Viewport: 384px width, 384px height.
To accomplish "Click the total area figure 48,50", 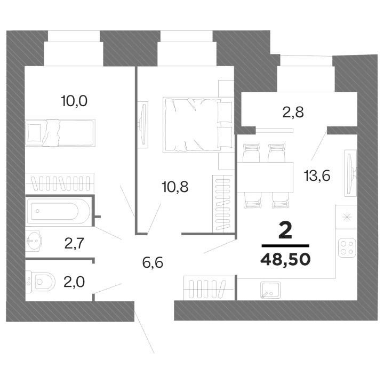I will pos(285,260).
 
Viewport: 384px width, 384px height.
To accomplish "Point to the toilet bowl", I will pos(43,282).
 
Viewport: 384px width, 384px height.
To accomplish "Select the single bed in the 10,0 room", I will pos(60,131).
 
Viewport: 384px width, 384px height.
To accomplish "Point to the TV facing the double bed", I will pos(143,123).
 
